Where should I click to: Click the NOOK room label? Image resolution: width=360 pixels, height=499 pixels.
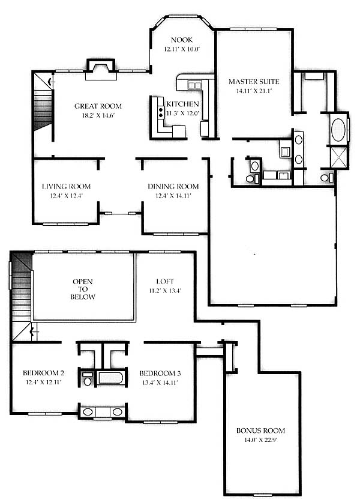pos(182,40)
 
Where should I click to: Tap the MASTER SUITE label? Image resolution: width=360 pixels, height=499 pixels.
pos(254,82)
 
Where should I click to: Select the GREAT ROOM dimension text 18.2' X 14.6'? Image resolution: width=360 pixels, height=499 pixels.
pos(98,115)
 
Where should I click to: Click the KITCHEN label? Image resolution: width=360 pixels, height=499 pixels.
pos(182,104)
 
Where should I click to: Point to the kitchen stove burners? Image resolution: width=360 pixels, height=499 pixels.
pos(161,112)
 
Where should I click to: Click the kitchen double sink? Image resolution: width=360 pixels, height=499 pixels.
pos(194,85)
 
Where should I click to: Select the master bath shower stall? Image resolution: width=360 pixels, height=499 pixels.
pos(339,157)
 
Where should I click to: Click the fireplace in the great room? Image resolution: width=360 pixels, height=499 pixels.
pos(101,70)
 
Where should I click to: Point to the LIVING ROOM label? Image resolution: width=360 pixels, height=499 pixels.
pos(66,187)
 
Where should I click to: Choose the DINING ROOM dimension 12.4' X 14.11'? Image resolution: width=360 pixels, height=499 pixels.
pos(173,196)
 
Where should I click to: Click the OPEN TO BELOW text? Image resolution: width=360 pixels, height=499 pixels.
pos(83,289)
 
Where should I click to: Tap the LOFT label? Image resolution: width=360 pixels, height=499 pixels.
pos(165,281)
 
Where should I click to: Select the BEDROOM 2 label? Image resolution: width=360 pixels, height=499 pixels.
pos(43,373)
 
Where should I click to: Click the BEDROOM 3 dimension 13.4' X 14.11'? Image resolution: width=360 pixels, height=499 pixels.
pos(160,383)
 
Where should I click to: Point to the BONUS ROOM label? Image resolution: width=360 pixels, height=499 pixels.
pos(260,431)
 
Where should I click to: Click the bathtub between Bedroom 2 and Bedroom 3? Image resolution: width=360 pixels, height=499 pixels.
pos(110,378)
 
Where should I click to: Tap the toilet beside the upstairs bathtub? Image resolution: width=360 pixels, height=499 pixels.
pos(87,379)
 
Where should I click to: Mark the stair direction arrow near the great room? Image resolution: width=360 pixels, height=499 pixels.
pos(51,82)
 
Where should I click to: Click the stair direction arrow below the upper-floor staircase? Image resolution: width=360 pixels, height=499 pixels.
pos(34,332)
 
